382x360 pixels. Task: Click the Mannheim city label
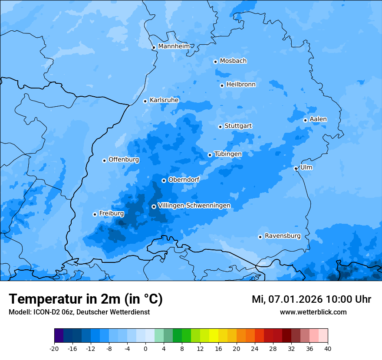(x=174, y=46)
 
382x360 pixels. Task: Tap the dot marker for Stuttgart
(x=220, y=127)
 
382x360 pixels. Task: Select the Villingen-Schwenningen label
(x=194, y=206)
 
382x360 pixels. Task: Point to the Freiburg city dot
(x=95, y=214)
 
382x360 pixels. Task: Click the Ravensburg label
(x=283, y=236)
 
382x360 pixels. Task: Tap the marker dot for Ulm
(x=296, y=168)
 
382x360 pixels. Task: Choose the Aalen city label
(x=318, y=119)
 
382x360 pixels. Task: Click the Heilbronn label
(x=241, y=85)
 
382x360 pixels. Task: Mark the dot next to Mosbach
(x=215, y=62)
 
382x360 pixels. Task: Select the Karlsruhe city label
(x=164, y=100)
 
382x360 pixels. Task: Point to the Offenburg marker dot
(x=104, y=160)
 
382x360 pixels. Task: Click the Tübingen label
(x=228, y=154)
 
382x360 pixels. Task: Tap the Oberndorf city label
(x=184, y=180)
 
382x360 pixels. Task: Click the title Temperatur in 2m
(x=86, y=299)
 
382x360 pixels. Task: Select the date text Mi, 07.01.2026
(x=286, y=299)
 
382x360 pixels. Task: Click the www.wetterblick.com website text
(x=313, y=312)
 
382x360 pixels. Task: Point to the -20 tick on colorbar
(x=54, y=348)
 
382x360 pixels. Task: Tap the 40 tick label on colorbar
(x=328, y=348)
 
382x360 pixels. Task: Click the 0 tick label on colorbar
(x=145, y=348)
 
